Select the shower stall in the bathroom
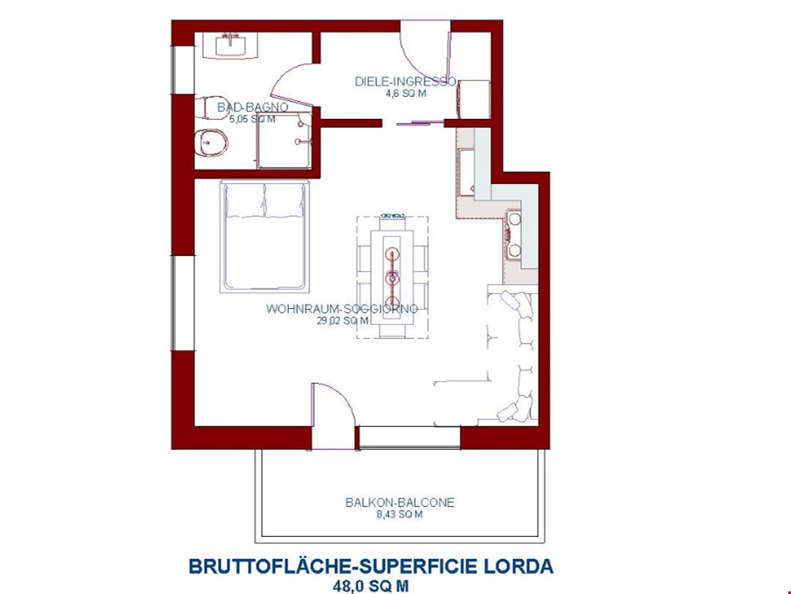[x=284, y=140]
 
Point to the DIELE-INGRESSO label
[x=405, y=82]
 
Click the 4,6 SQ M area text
[x=405, y=93]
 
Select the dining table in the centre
[x=393, y=276]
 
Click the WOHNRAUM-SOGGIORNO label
[x=342, y=310]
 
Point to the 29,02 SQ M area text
[x=342, y=321]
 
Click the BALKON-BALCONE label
[x=400, y=502]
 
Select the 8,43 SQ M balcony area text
[x=400, y=515]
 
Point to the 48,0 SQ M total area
[x=371, y=584]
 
